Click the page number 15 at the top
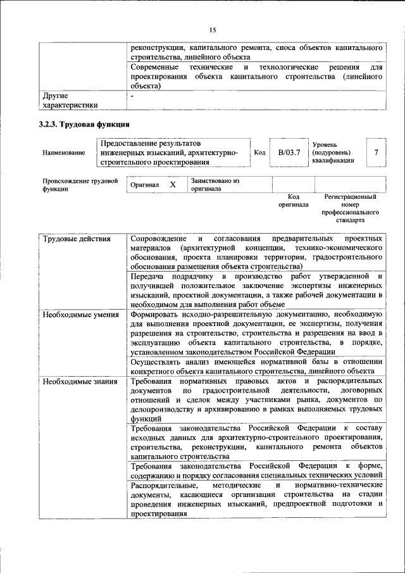click(213, 30)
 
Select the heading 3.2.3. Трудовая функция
click(85, 124)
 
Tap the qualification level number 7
click(376, 153)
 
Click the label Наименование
click(63, 153)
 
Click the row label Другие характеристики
click(70, 101)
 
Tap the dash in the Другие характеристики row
click(133, 96)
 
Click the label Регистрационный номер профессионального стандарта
click(349, 210)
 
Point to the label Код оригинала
click(293, 201)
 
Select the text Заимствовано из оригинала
click(215, 184)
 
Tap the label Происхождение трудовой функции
click(80, 184)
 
